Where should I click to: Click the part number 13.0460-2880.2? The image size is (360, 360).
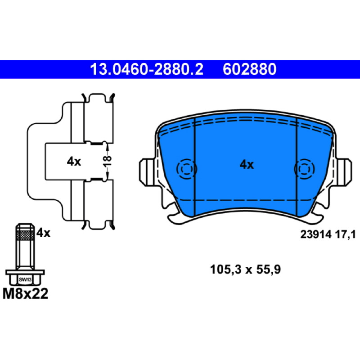(147, 69)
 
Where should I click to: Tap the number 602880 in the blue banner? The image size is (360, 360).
(249, 69)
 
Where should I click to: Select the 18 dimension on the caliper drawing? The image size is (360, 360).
(107, 161)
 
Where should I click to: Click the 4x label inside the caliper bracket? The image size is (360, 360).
(74, 162)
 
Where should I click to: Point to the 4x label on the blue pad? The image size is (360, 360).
(247, 165)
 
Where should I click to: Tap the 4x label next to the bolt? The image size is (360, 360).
(43, 233)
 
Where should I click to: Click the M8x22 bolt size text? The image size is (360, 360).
(26, 294)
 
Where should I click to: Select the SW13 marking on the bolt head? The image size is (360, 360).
(25, 279)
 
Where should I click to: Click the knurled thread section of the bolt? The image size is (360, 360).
(25, 234)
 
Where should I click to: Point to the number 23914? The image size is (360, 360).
(316, 234)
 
